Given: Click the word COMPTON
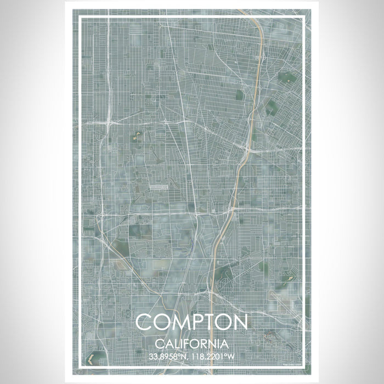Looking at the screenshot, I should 192,322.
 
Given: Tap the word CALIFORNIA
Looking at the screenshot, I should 192,344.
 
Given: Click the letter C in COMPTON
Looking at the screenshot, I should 144,322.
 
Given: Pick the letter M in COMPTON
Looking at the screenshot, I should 175,322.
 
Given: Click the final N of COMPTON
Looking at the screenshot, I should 240,322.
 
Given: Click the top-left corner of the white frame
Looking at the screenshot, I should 80,18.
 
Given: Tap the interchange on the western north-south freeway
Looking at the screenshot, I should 110,120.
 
